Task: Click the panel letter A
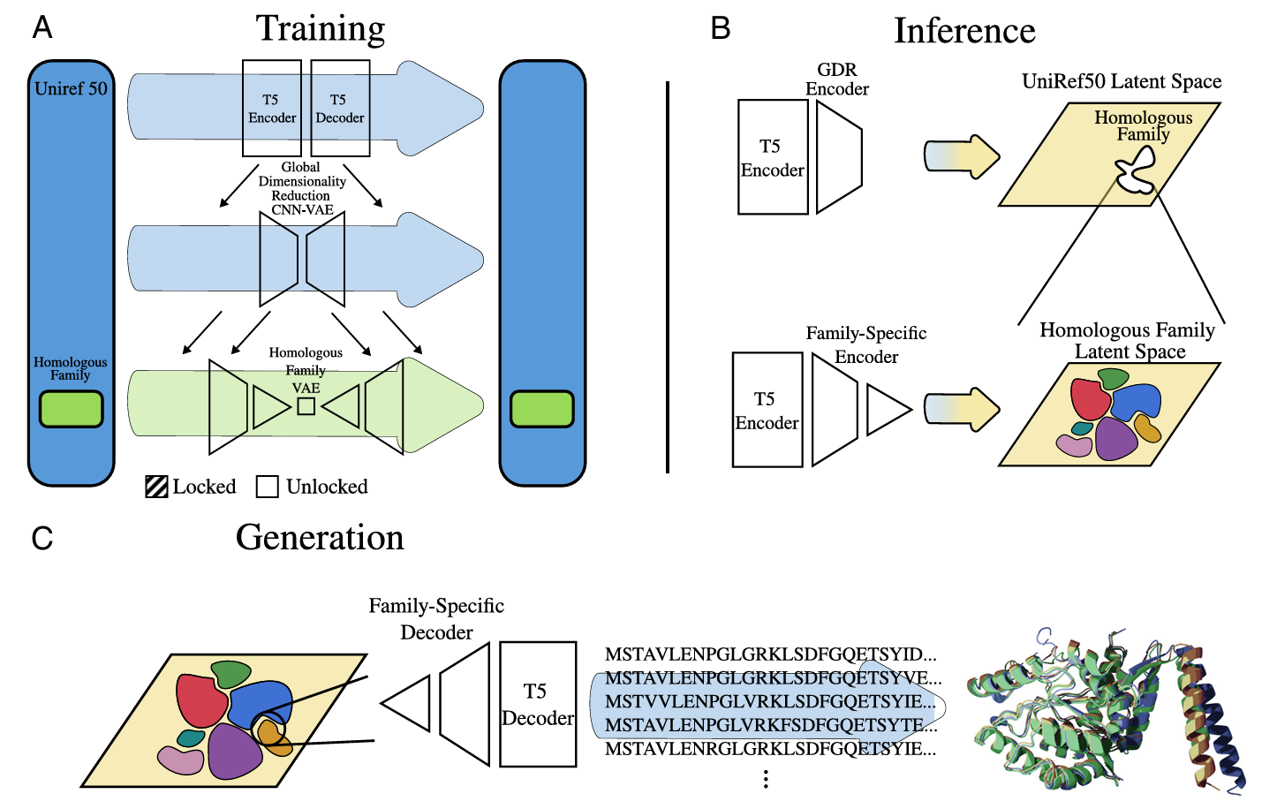click(x=42, y=28)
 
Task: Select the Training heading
click(x=321, y=29)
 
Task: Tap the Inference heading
click(x=964, y=31)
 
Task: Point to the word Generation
click(x=320, y=538)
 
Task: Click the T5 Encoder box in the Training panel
click(x=272, y=109)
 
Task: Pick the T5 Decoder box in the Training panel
click(x=340, y=109)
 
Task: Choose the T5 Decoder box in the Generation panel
click(x=538, y=705)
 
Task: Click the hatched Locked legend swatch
click(x=157, y=487)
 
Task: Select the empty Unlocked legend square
click(x=268, y=487)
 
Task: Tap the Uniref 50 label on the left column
click(x=71, y=88)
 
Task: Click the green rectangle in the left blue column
click(x=72, y=409)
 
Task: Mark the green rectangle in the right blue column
click(x=542, y=409)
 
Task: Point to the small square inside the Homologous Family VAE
click(x=306, y=406)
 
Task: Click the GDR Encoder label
click(x=836, y=79)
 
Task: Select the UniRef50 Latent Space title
click(x=1122, y=81)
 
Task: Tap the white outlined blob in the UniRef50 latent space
click(x=1136, y=170)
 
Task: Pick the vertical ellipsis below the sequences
click(x=766, y=778)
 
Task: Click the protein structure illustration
click(x=1104, y=707)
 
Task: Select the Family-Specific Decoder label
click(x=436, y=618)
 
